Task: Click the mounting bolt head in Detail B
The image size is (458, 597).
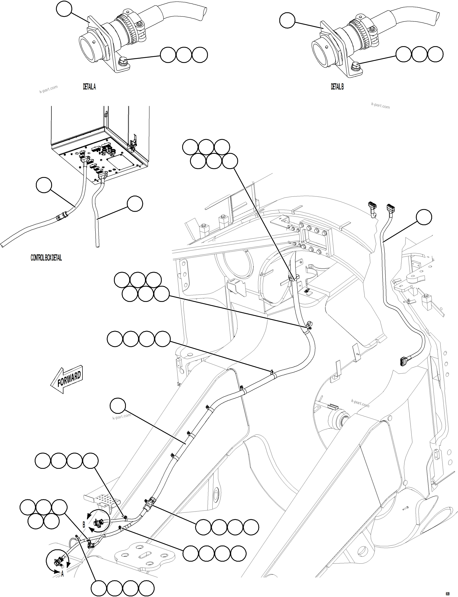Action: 356,65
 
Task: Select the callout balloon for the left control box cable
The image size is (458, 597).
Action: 44,185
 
